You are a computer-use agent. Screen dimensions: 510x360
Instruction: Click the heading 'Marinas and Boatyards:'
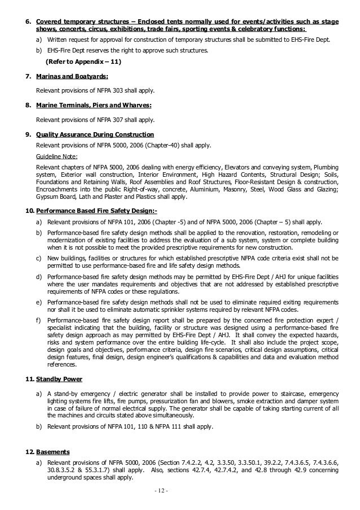[x=64, y=75]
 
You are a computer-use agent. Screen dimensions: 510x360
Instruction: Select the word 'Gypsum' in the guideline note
[x=48, y=197]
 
